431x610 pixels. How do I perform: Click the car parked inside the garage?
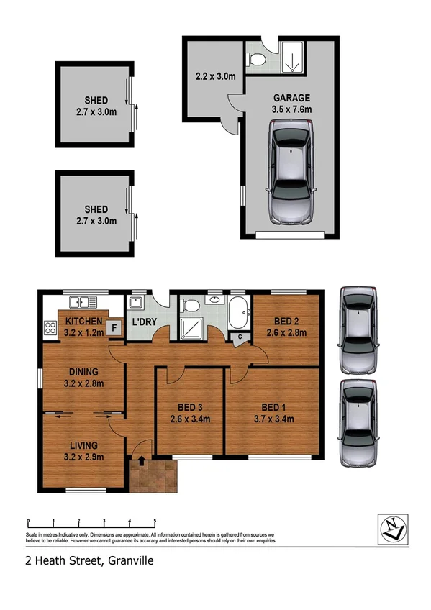[x=291, y=173]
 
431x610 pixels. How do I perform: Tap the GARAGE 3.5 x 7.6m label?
[x=291, y=104]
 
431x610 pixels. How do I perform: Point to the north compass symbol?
[x=393, y=529]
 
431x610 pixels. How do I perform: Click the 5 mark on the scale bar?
[x=155, y=522]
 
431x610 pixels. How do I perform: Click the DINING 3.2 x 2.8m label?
[x=83, y=378]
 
